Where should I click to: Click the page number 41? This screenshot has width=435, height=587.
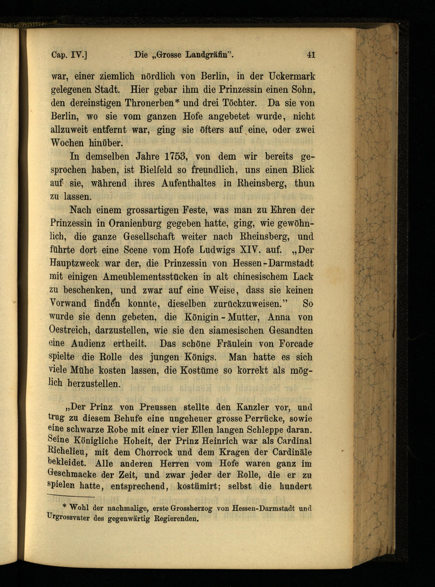(x=311, y=55)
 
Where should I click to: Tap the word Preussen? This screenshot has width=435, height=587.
(x=158, y=407)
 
